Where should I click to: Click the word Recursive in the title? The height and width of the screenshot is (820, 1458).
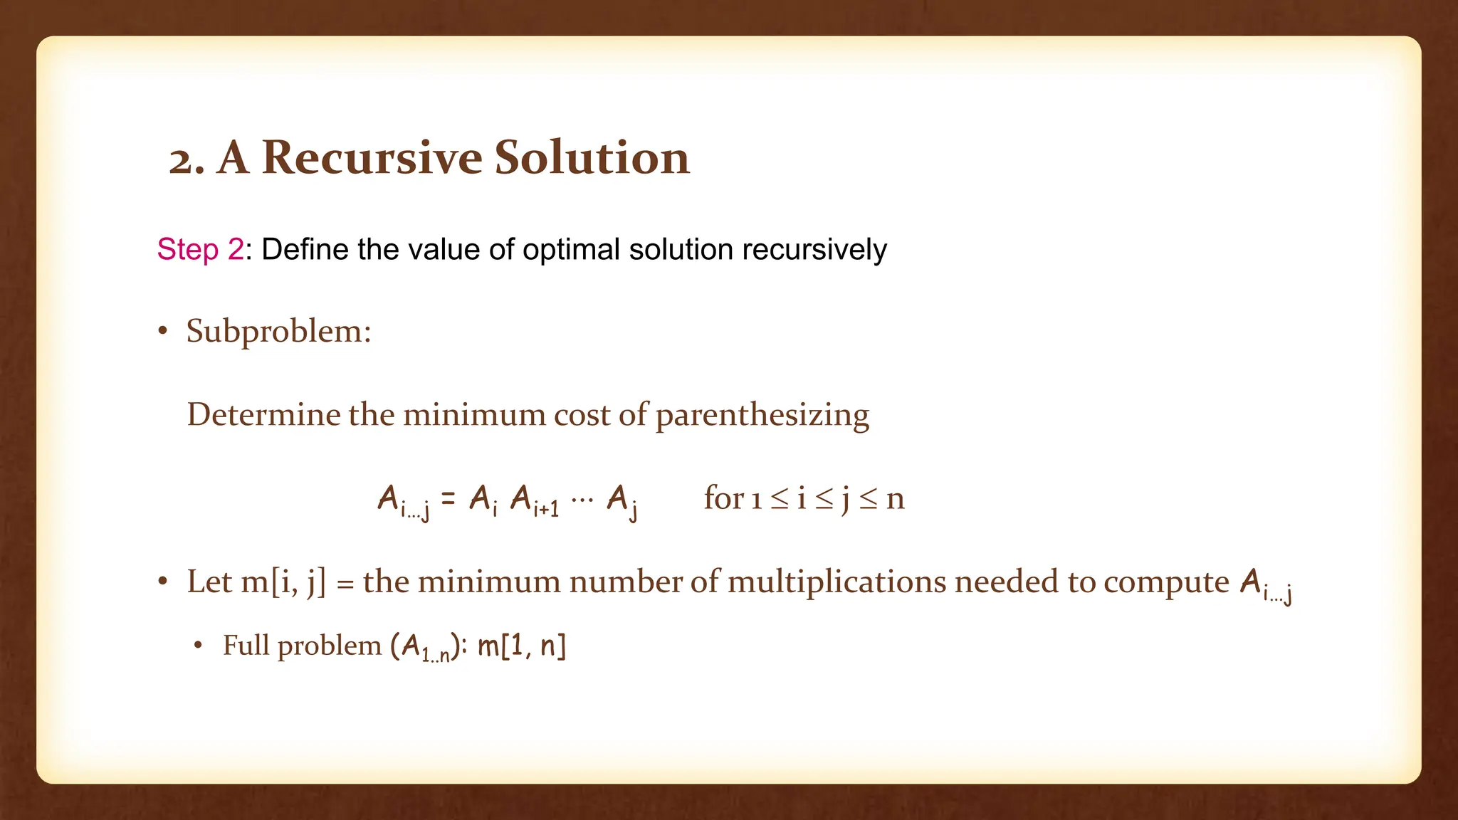[372, 157]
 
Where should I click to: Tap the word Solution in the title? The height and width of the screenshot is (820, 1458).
[592, 157]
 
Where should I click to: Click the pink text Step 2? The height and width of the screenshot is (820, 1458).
[200, 250]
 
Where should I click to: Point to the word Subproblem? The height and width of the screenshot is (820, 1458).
[278, 332]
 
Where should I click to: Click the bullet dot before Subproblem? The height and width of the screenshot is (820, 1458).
[163, 332]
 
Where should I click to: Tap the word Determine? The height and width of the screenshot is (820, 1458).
[263, 415]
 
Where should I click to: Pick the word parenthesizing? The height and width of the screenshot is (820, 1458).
[762, 416]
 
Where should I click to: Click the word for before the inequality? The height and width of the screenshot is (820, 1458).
[723, 498]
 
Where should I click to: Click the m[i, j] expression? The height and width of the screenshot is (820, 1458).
[283, 582]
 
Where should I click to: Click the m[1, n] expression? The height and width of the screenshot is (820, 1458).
[521, 646]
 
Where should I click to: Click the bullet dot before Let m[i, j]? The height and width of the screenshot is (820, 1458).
[163, 582]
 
